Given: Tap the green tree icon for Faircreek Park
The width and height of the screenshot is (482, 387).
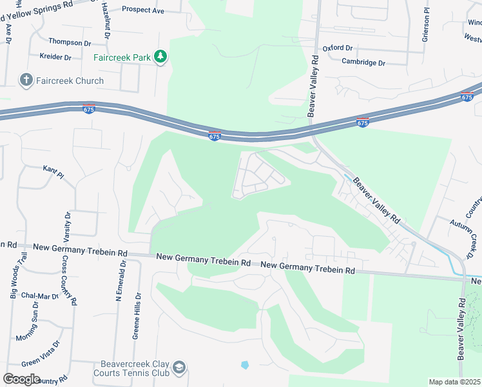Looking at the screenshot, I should click(160, 57).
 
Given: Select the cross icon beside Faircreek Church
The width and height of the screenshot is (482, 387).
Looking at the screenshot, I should click(26, 81).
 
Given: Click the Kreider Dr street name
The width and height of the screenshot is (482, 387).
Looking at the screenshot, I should click(55, 57).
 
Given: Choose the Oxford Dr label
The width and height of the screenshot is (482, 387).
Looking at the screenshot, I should click(338, 48).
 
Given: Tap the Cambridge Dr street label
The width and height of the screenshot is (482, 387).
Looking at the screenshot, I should click(363, 63).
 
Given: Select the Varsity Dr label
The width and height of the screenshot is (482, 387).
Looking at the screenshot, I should click(67, 225).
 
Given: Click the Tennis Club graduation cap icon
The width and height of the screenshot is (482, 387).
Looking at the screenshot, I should click(180, 367).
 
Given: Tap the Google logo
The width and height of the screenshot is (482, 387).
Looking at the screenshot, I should click(21, 379).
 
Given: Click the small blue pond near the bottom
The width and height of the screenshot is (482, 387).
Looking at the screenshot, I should click(245, 365).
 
